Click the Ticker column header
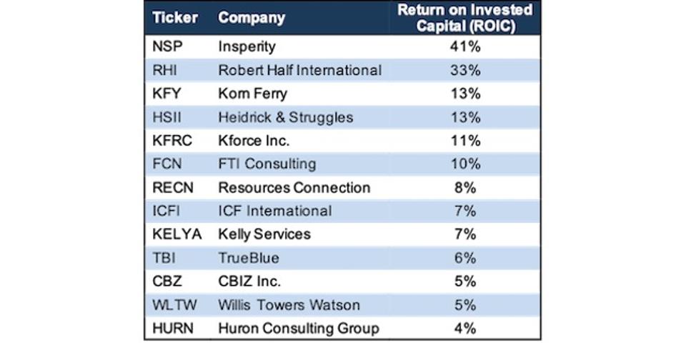[175, 18]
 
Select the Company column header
[252, 18]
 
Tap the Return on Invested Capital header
[464, 18]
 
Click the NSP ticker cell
[167, 48]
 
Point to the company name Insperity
[247, 48]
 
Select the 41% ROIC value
[464, 48]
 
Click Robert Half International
[300, 71]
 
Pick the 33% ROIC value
[464, 71]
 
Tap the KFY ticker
[167, 94]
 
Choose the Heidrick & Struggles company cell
[286, 117]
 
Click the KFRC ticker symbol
[172, 141]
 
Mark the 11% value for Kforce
[464, 141]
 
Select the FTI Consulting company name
[267, 164]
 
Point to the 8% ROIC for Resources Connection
[464, 188]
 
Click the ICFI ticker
[169, 211]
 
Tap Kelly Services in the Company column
[264, 234]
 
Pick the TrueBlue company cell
[249, 258]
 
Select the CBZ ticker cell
[167, 281]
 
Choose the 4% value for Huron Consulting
[464, 329]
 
